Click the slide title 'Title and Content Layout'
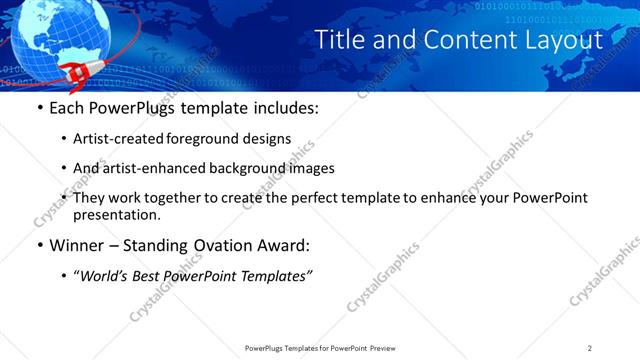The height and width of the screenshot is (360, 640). pos(459,40)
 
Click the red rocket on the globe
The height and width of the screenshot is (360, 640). pos(78,71)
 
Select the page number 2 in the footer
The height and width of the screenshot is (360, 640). pos(590,348)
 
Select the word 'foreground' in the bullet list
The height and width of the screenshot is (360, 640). pos(211,139)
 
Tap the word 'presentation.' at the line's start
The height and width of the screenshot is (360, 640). pos(116,215)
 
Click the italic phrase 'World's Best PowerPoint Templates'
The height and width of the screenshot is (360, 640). pos(193,275)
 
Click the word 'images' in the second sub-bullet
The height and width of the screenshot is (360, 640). pos(311,168)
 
